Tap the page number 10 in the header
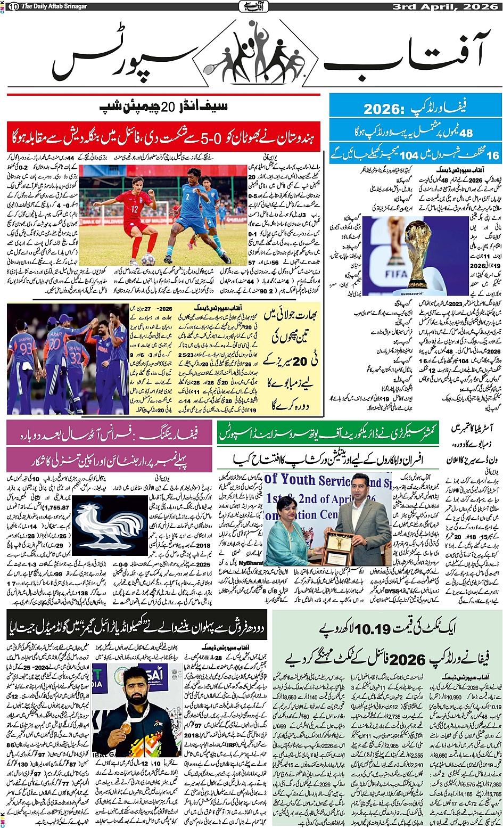(13, 6)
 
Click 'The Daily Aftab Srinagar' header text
(55, 6)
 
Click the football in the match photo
(148, 259)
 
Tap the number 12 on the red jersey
(135, 210)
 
